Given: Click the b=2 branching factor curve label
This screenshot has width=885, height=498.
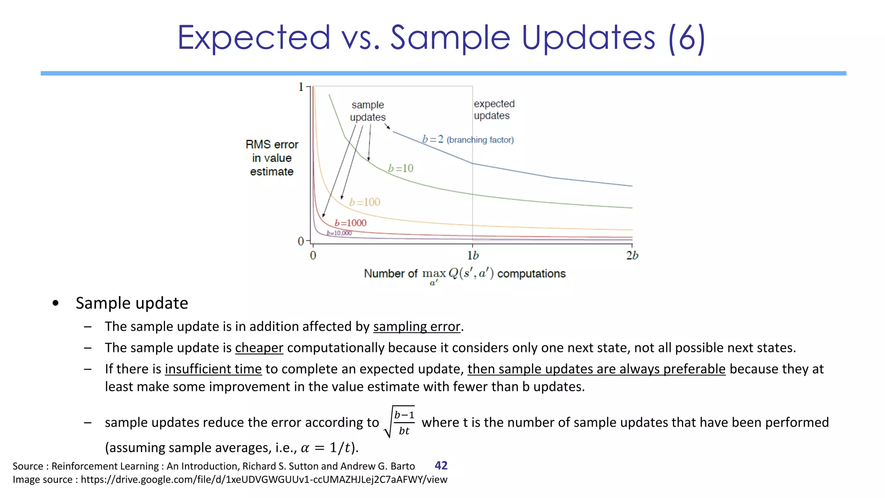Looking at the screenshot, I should pyautogui.click(x=468, y=140).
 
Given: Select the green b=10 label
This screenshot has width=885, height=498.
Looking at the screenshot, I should pyautogui.click(x=401, y=168).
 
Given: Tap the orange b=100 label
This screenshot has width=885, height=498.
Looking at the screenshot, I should pyautogui.click(x=365, y=202).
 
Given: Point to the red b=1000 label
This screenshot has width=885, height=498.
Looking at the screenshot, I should pyautogui.click(x=350, y=223).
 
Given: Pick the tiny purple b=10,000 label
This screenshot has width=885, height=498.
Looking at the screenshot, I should pyautogui.click(x=339, y=233).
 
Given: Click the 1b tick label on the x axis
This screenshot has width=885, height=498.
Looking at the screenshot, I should pyautogui.click(x=473, y=255).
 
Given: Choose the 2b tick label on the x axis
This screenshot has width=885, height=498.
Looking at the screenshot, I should pyautogui.click(x=632, y=255).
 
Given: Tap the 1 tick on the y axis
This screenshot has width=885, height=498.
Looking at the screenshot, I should pyautogui.click(x=301, y=87).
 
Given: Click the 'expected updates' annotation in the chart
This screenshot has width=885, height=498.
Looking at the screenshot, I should pyautogui.click(x=494, y=110).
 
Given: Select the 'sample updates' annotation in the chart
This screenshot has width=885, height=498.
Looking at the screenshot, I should pyautogui.click(x=368, y=111).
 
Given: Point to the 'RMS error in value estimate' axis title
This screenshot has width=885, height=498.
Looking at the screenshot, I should pyautogui.click(x=272, y=158).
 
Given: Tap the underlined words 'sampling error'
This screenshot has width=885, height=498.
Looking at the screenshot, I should pyautogui.click(x=417, y=327).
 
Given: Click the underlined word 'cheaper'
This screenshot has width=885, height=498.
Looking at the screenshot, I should pyautogui.click(x=259, y=348).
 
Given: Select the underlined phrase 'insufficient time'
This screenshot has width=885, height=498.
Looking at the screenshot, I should pyautogui.click(x=213, y=369).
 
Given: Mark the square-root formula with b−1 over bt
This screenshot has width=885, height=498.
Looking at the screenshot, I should pyautogui.click(x=400, y=422).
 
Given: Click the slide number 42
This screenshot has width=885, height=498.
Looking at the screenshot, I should pyautogui.click(x=441, y=466).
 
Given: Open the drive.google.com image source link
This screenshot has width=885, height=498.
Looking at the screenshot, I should pyautogui.click(x=264, y=480).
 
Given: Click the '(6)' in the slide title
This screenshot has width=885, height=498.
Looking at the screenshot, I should pyautogui.click(x=686, y=38).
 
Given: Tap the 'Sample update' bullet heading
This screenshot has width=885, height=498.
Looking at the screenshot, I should pyautogui.click(x=132, y=303).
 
